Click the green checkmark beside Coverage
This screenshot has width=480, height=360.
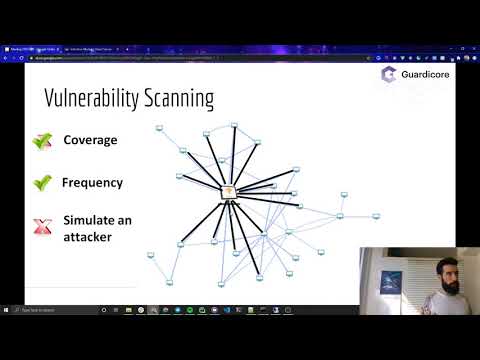pyautogui.click(x=42, y=141)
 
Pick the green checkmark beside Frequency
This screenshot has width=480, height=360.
pyautogui.click(x=42, y=183)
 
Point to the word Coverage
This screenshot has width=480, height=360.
pyautogui.click(x=90, y=140)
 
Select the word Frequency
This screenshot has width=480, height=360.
pyautogui.click(x=92, y=183)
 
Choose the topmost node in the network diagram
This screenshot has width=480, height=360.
pyautogui.click(x=233, y=126)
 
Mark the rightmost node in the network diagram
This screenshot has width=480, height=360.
pyautogui.click(x=376, y=215)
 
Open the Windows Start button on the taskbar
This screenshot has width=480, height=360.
pyautogui.click(x=7, y=309)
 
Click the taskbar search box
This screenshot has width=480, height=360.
pyautogui.click(x=50, y=309)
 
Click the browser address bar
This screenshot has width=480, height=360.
pyautogui.click(x=200, y=58)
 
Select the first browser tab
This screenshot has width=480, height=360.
pyautogui.click(x=30, y=48)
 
